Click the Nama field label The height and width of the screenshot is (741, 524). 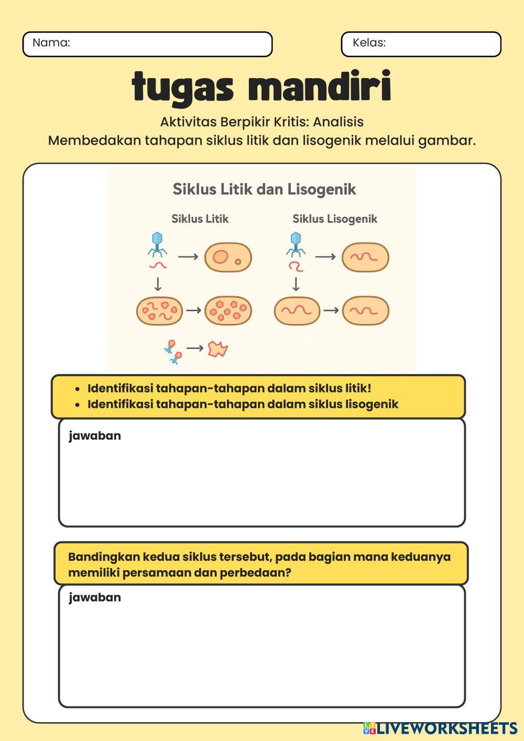(x=51, y=43)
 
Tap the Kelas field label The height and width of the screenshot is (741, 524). (x=369, y=43)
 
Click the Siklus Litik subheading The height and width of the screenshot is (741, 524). (x=200, y=219)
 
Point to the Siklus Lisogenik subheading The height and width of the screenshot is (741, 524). (x=335, y=219)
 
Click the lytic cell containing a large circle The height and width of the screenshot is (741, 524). (x=228, y=257)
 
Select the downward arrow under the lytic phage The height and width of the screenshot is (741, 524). (x=157, y=284)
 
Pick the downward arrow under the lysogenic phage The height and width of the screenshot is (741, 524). (x=296, y=284)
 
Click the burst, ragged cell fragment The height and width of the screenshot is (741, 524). (x=218, y=349)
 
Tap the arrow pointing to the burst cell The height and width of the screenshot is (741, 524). (x=195, y=348)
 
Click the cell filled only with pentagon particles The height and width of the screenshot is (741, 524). (x=228, y=310)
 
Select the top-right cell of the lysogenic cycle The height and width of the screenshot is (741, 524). (x=365, y=257)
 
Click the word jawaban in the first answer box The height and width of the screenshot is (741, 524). (x=95, y=436)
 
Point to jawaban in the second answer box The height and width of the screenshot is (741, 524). (x=95, y=597)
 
